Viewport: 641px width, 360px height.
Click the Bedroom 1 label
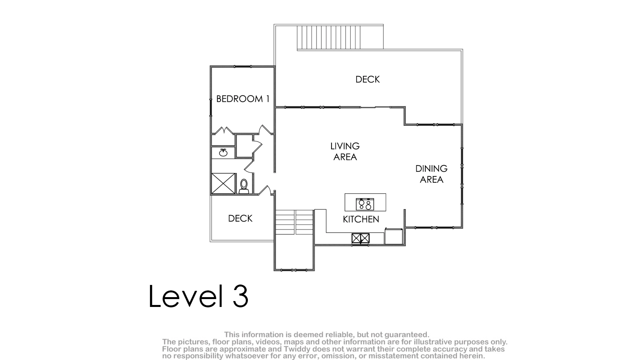(x=243, y=99)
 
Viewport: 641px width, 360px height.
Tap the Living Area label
(x=345, y=151)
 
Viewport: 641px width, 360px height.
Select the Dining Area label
(x=432, y=174)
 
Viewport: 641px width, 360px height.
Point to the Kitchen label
(x=361, y=219)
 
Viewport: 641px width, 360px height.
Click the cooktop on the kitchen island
(x=365, y=204)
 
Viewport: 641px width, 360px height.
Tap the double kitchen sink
(x=361, y=238)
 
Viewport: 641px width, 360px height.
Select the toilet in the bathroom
(x=244, y=186)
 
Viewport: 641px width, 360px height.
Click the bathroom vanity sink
(x=223, y=153)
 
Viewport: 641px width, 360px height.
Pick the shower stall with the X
(x=223, y=184)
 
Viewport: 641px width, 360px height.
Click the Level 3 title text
(x=198, y=296)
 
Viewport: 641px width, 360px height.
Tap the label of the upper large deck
(x=367, y=79)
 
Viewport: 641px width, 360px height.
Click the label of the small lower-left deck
(x=240, y=219)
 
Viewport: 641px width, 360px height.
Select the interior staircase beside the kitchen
(x=294, y=222)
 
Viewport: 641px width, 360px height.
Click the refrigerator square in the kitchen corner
(x=394, y=236)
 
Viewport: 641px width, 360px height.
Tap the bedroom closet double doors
(x=224, y=130)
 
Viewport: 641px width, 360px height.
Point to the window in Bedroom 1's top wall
(x=243, y=67)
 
